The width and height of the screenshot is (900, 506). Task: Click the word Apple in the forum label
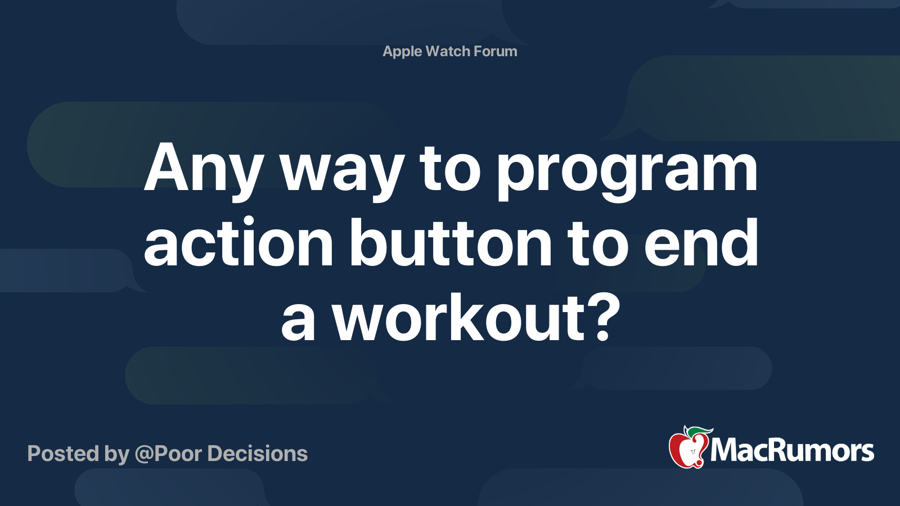tap(402, 51)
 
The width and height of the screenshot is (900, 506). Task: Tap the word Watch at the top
tap(448, 51)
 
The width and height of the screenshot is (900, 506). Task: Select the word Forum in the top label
tap(495, 51)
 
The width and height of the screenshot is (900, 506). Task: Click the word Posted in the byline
tap(62, 454)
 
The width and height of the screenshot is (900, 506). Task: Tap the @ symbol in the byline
tap(143, 454)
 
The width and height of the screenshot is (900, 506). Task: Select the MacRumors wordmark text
tap(792, 450)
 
